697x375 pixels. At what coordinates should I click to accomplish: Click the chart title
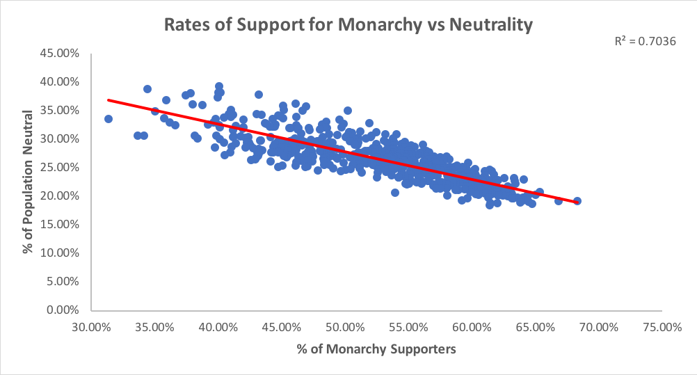coord(348,26)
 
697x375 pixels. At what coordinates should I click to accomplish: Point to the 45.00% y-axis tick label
coord(60,53)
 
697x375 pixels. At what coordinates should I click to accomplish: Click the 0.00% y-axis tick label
coord(63,310)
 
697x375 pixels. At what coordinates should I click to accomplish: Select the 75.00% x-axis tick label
coord(662,326)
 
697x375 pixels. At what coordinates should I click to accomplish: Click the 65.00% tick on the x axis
coord(535,326)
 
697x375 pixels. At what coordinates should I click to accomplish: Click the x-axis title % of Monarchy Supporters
coord(376,349)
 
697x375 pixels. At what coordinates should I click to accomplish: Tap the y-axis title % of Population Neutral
coord(29,181)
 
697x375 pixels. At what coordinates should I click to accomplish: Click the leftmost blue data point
coord(109,119)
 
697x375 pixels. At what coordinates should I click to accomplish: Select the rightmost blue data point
coord(577,201)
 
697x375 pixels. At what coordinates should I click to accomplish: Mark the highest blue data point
coord(219,86)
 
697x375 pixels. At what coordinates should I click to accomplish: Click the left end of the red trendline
coord(108,100)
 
